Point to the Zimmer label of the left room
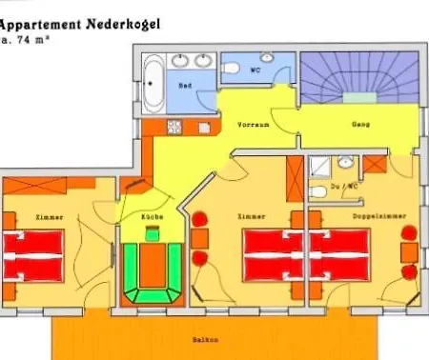tap(51, 217)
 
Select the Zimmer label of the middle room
tap(250, 217)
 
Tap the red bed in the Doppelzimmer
tap(339, 256)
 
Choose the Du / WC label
tap(343, 187)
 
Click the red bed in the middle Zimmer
tap(273, 256)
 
